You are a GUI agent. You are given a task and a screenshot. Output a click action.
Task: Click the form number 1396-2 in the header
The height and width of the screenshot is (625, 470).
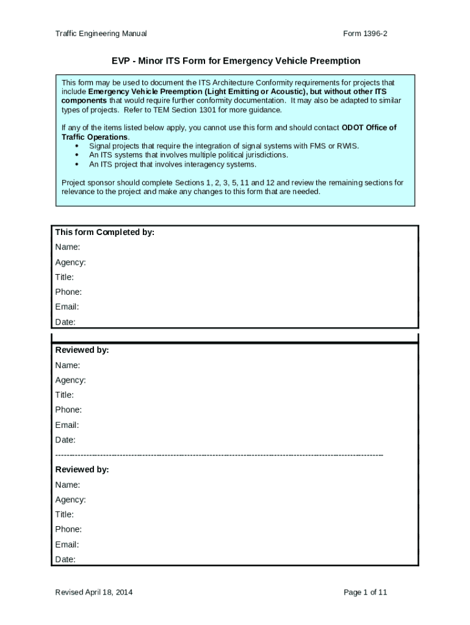(365, 34)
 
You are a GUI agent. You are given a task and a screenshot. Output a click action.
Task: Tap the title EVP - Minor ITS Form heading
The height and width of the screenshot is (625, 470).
(235, 61)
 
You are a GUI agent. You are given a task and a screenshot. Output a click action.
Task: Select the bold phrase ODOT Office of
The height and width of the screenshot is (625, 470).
(369, 128)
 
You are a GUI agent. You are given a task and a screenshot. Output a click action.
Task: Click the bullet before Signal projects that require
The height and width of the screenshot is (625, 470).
(76, 146)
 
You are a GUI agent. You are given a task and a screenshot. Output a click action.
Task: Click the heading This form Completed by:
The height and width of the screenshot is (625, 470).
(104, 233)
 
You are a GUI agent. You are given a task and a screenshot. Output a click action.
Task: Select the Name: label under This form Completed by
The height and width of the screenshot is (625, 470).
(68, 247)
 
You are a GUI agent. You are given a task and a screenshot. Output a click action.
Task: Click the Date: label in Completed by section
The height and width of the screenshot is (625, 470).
(65, 322)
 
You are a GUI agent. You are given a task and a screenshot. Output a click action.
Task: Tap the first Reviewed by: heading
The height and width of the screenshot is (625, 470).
(82, 350)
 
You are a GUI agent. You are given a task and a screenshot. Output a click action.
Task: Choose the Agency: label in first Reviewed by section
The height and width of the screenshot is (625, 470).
(70, 380)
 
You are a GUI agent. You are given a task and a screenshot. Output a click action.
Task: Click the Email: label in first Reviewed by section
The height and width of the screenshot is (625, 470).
(67, 425)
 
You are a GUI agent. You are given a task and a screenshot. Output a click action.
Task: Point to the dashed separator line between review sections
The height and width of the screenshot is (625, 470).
(219, 455)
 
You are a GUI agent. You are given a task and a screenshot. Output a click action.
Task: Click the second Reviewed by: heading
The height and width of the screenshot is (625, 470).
(82, 469)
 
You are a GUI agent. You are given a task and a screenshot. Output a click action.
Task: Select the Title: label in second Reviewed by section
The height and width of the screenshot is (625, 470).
(65, 515)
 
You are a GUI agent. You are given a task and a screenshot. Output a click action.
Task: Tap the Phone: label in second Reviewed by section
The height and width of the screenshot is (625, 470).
(68, 529)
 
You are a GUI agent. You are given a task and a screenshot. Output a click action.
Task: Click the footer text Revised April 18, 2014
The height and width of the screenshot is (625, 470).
(93, 592)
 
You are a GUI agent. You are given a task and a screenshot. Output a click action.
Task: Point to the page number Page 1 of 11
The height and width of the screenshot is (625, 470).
(365, 592)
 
